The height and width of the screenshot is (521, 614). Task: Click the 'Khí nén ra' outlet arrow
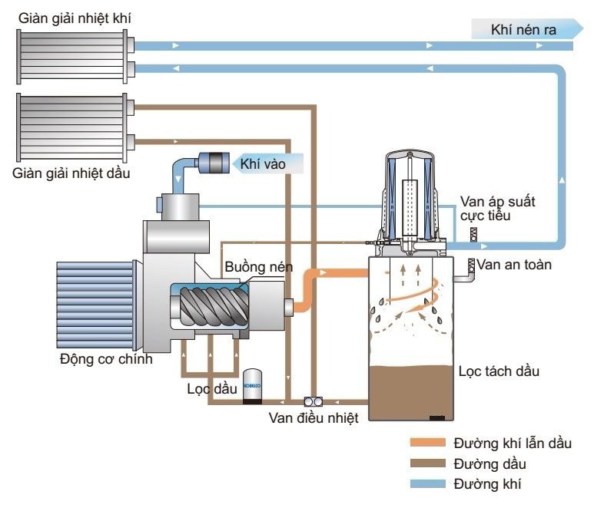pyautogui.click(x=527, y=30)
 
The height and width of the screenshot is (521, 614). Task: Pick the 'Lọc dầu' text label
pyautogui.click(x=212, y=388)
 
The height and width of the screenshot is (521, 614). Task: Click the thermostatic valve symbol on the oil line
pyautogui.click(x=314, y=401)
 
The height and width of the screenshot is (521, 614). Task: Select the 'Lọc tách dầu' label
pyautogui.click(x=499, y=371)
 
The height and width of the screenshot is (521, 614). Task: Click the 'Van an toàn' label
pyautogui.click(x=514, y=265)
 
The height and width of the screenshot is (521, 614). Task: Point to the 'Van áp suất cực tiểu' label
pyautogui.click(x=497, y=209)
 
